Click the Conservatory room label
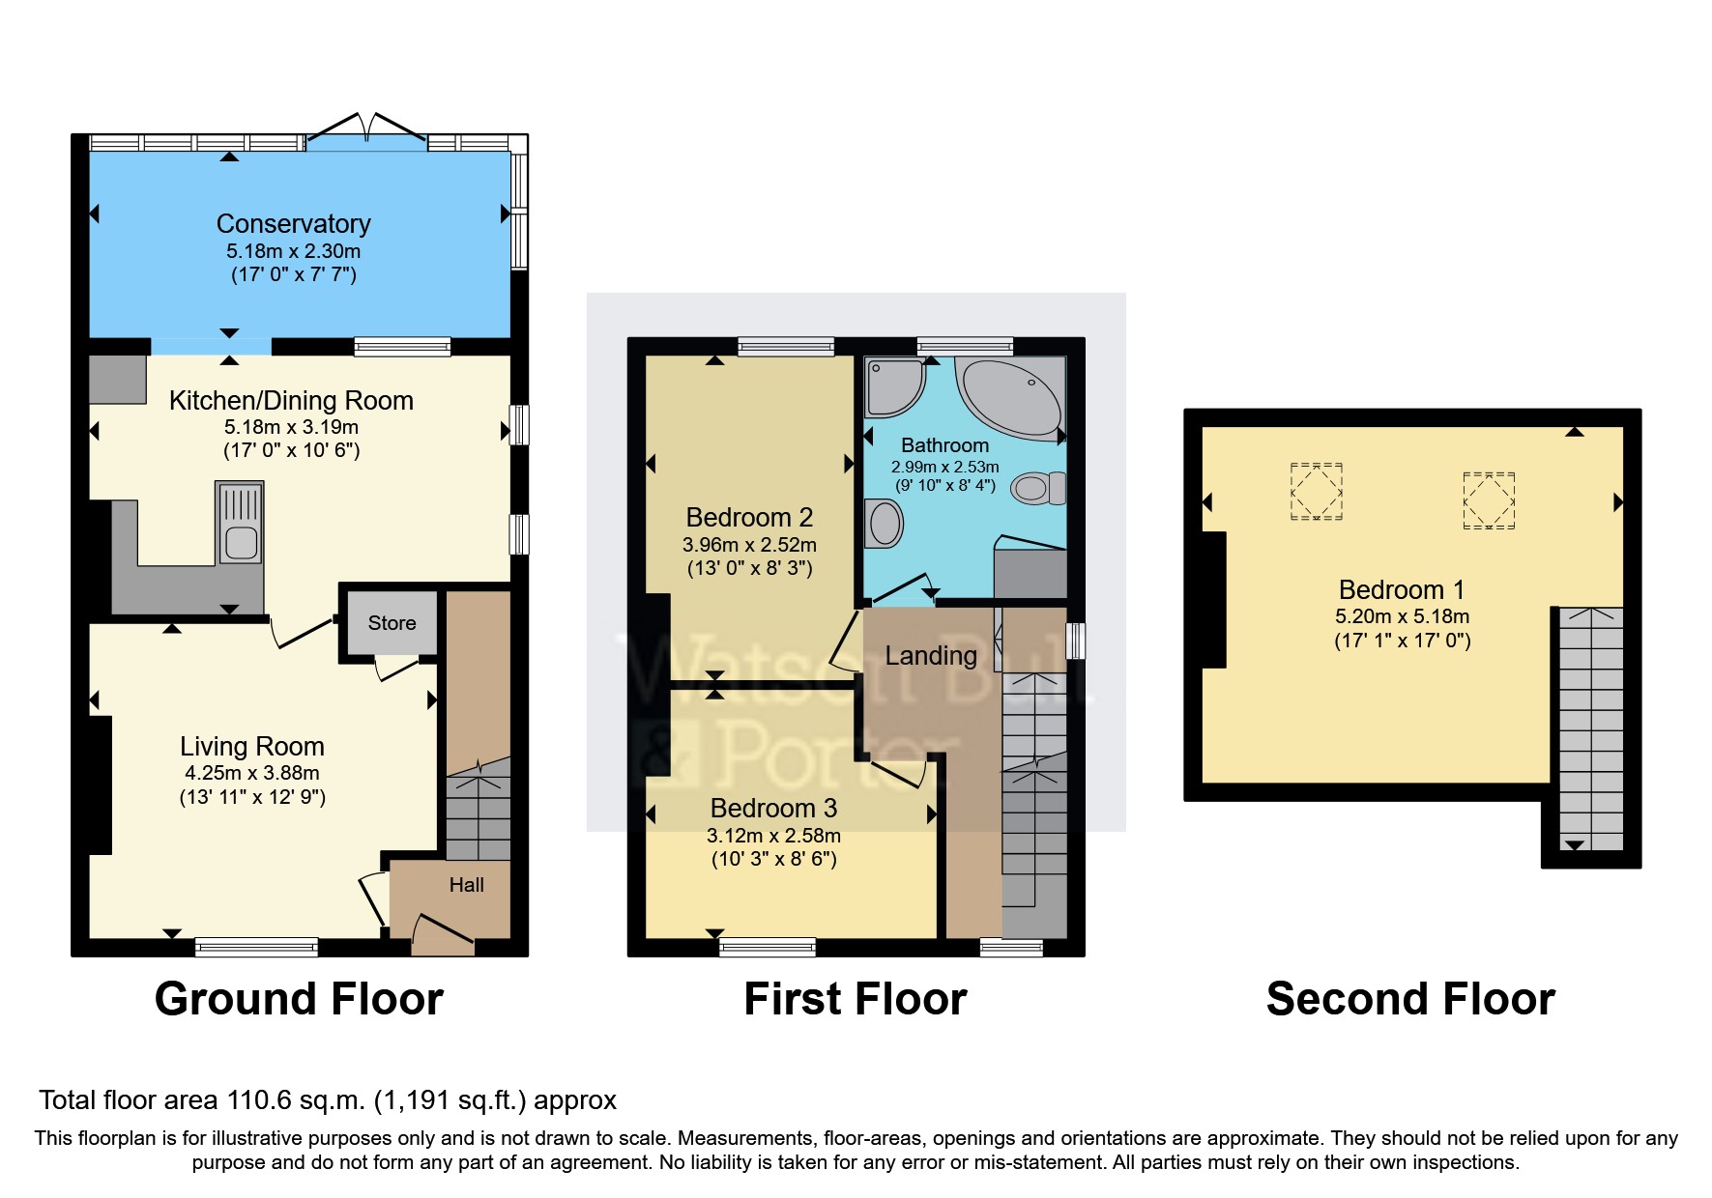coord(293,224)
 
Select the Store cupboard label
coord(392,623)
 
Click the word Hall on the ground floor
coord(466,885)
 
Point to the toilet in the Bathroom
coord(1038,488)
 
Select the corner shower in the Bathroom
coord(893,386)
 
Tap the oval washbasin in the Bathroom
coord(885,524)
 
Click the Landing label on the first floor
coord(931,656)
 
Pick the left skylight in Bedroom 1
coord(1316,492)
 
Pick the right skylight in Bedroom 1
coord(1488,500)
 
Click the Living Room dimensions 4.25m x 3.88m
coord(252,773)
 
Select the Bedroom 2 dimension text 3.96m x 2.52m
coord(749,545)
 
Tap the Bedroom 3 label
coord(773,808)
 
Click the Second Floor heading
coord(1409,999)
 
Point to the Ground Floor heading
coord(299,999)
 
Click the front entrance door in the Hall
coord(444,931)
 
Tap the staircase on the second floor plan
coord(1591,725)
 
